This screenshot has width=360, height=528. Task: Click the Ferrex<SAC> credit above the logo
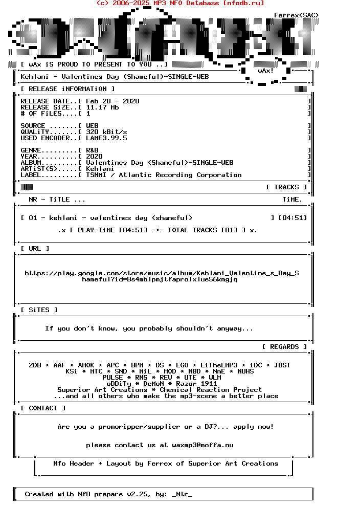tap(297, 15)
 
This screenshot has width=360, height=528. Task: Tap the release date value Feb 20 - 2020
tap(112, 101)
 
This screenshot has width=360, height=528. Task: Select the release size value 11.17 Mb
tap(102, 107)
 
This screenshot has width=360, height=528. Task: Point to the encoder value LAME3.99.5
tap(106, 138)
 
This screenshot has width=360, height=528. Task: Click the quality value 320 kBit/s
tap(106, 132)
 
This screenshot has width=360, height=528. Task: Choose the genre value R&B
tap(92, 150)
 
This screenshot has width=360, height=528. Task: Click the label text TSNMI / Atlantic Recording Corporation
tap(164, 175)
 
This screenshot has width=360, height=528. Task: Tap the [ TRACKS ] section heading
tap(286, 187)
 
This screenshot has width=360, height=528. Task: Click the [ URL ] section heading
tap(35, 249)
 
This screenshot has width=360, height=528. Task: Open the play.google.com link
tap(162, 276)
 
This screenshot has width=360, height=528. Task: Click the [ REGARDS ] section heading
tap(284, 347)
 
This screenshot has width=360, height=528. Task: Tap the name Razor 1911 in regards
tap(196, 384)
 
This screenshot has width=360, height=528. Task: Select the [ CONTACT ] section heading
tap(43, 408)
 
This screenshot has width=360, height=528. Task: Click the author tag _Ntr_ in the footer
tap(182, 494)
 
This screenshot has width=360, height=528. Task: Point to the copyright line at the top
tap(180, 3)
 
